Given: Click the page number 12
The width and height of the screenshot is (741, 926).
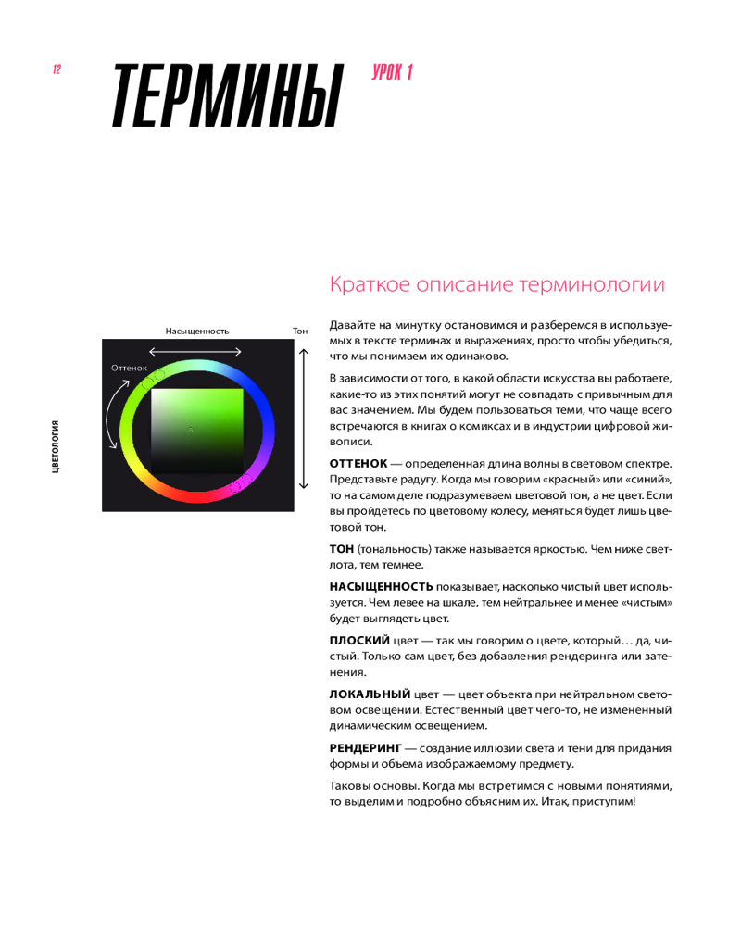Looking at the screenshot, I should pyautogui.click(x=57, y=70).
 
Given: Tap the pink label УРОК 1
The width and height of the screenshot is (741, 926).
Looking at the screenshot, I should pyautogui.click(x=391, y=73).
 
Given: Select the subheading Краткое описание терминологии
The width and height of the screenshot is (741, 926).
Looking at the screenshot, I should pyautogui.click(x=496, y=284).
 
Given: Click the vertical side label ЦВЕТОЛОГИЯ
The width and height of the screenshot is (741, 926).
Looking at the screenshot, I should pyautogui.click(x=57, y=446).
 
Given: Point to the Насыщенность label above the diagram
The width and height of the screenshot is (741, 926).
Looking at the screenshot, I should pyautogui.click(x=197, y=331).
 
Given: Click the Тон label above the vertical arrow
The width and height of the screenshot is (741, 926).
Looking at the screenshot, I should pyautogui.click(x=299, y=331).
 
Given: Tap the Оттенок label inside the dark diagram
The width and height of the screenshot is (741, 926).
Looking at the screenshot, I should pyautogui.click(x=129, y=368).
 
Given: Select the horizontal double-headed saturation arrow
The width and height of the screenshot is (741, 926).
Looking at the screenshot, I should pyautogui.click(x=195, y=351).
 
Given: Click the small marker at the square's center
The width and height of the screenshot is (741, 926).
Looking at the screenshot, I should pyautogui.click(x=190, y=430).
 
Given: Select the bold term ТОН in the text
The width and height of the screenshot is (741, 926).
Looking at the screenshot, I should pyautogui.click(x=342, y=548).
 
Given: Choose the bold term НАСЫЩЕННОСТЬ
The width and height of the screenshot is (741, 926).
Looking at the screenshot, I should pyautogui.click(x=381, y=586).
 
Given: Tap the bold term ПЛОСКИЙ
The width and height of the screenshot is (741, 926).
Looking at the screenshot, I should pyautogui.click(x=359, y=640).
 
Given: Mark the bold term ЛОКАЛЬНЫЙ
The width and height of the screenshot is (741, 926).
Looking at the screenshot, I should pyautogui.click(x=370, y=694).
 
